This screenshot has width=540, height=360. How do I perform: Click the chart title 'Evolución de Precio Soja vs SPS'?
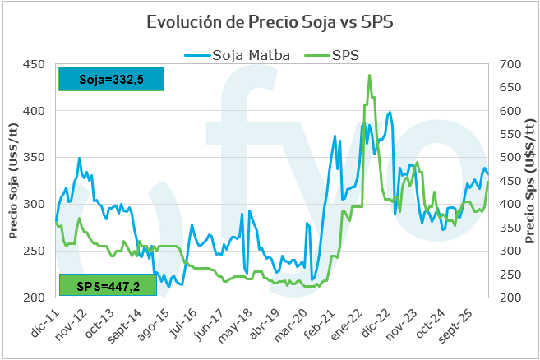(270, 22)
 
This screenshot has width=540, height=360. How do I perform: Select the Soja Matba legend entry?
(238, 55)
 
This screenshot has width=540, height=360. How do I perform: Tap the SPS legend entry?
(332, 55)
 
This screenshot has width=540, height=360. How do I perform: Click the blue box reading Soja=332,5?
(111, 79)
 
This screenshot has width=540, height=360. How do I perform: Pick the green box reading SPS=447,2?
(108, 285)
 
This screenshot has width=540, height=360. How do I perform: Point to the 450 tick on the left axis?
(34, 64)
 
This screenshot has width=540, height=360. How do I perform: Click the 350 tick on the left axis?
(34, 158)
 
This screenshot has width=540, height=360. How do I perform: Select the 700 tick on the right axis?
(510, 64)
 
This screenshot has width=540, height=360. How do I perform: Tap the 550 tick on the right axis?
(510, 134)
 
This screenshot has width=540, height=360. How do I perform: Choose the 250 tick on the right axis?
(510, 275)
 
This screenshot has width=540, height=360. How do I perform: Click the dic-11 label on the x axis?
(44, 323)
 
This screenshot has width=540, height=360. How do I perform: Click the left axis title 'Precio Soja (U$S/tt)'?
(13, 181)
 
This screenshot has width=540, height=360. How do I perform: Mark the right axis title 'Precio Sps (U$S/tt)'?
(530, 181)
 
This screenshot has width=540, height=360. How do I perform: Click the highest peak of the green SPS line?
(370, 75)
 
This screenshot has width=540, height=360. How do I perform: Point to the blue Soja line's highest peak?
(390, 112)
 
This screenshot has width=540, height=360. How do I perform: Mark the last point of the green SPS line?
(488, 182)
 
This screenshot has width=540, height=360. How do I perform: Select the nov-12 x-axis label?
(72, 325)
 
